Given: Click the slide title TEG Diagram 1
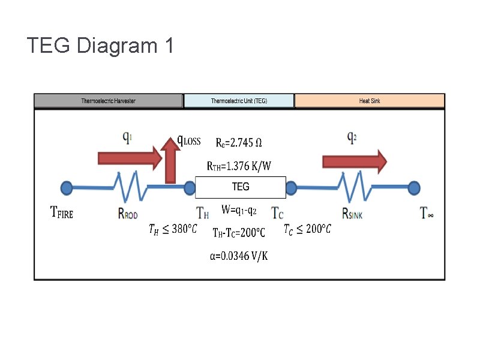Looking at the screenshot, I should [x=100, y=45].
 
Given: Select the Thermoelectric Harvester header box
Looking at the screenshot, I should [x=108, y=101].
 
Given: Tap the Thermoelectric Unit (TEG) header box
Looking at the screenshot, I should [x=239, y=101].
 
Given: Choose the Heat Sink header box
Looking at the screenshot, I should [x=370, y=101].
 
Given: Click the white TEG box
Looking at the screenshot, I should [x=241, y=187].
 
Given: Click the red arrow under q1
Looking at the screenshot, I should [x=129, y=158].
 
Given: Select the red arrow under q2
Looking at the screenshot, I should [x=355, y=161].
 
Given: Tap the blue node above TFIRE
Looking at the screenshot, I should [x=66, y=188].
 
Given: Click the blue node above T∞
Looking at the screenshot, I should [x=413, y=188].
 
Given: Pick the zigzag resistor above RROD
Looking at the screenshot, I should [x=131, y=187].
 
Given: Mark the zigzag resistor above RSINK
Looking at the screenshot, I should [x=356, y=187].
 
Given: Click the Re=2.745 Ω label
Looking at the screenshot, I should [x=239, y=143].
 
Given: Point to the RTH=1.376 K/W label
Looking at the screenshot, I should [x=239, y=165].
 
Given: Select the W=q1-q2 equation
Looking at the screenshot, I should [x=239, y=210].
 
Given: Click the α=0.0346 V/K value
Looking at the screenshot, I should [x=239, y=256].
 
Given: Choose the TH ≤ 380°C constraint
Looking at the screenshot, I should [x=172, y=229].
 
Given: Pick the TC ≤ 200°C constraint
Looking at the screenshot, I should [x=306, y=229].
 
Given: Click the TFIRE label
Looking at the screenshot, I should [x=62, y=212].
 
